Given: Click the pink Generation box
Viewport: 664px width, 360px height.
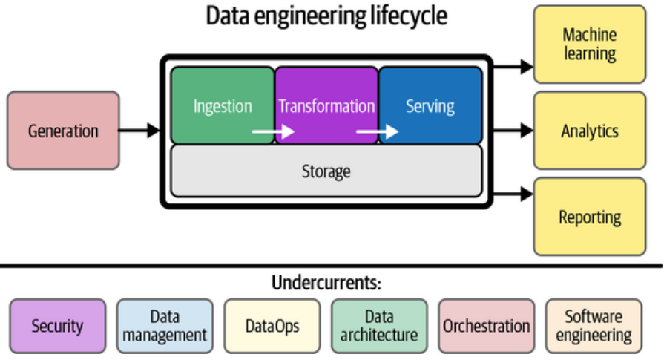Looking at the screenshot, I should [x=63, y=131].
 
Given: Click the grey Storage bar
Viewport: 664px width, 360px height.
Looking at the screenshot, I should [x=326, y=171].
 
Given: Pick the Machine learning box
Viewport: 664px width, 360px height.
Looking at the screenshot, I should [x=590, y=44].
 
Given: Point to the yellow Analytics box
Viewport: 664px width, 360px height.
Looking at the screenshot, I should [x=590, y=131].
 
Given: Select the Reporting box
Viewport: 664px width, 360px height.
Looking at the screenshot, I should [x=590, y=217].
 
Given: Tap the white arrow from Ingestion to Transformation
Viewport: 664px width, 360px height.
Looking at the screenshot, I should [x=273, y=132].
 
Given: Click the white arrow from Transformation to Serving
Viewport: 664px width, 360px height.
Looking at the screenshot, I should [x=377, y=132].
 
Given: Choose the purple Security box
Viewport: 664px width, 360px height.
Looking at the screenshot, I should [x=58, y=325].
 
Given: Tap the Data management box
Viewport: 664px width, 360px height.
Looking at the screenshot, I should [x=165, y=325].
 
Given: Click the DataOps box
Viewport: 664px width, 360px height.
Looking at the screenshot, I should [x=272, y=325].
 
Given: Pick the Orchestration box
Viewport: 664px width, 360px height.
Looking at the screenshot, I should [x=487, y=325].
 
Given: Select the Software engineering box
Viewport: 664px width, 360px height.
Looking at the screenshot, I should [x=594, y=325].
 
